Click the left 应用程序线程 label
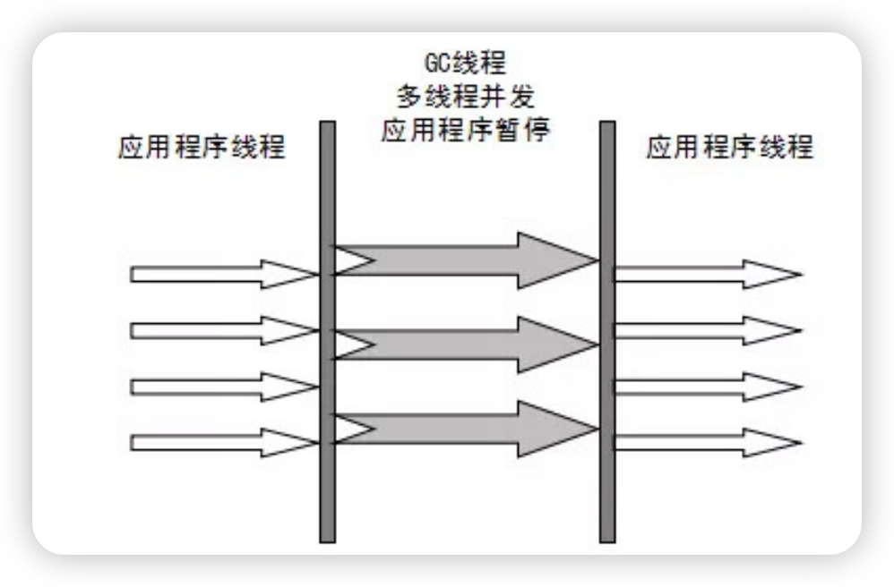[201, 148]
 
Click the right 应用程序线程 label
[729, 148]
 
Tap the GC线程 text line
[465, 64]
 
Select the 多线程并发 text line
[465, 97]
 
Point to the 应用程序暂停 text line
[465, 131]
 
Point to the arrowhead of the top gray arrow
[555, 260]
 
